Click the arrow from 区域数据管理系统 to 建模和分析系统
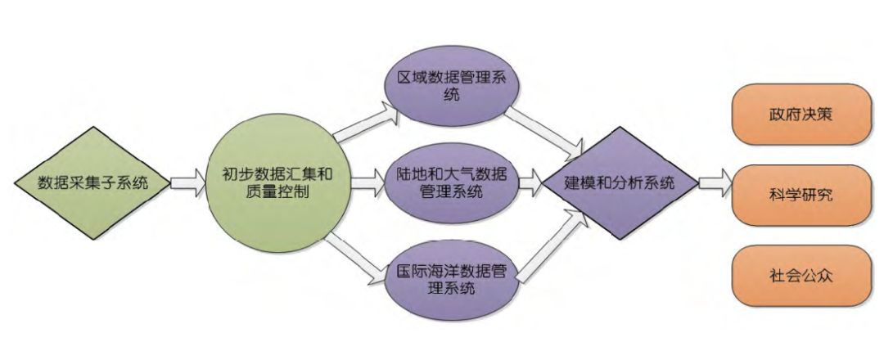[544, 131]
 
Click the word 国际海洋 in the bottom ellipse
[421, 272]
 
